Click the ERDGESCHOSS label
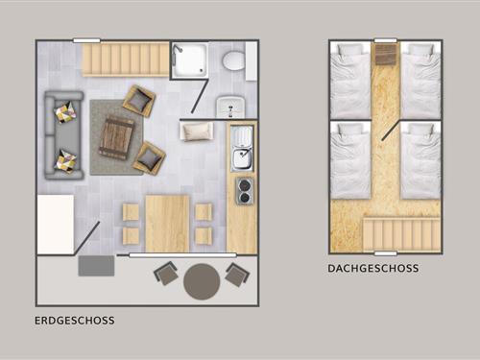(x=74, y=321)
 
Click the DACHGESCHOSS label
(x=373, y=268)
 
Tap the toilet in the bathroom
(x=233, y=60)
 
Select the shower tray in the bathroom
(x=189, y=60)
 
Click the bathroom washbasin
(x=230, y=107)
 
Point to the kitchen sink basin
(x=242, y=159)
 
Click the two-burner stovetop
(x=245, y=191)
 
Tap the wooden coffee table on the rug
(x=116, y=137)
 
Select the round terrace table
(x=202, y=281)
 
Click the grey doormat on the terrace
(x=96, y=266)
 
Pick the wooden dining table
(x=167, y=223)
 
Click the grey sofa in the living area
(x=63, y=135)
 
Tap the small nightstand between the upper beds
(x=386, y=54)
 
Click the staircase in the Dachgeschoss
(x=401, y=234)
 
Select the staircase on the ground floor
(x=125, y=60)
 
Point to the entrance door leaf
(x=86, y=238)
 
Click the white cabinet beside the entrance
(x=56, y=224)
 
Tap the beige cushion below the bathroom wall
(x=197, y=132)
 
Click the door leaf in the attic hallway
(x=391, y=131)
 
